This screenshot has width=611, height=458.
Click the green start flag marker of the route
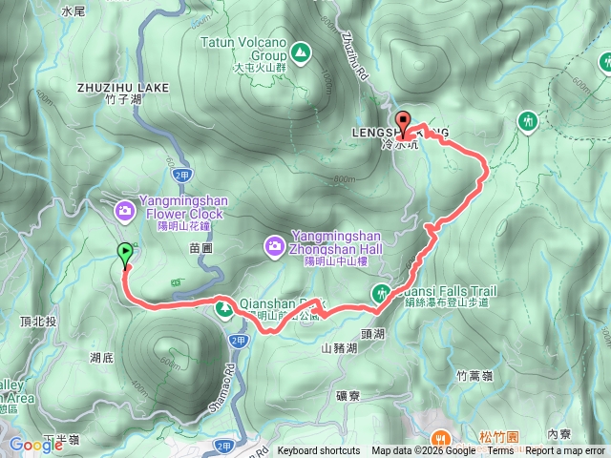(125, 253)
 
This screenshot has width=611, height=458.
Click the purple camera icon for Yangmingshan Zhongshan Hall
(274, 247)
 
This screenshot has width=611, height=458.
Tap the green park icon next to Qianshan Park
(224, 308)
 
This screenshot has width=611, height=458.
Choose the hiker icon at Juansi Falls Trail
(381, 293)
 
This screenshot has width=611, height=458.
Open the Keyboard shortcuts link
(319, 451)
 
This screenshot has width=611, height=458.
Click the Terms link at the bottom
(500, 451)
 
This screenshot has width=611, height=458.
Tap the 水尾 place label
(73, 12)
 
